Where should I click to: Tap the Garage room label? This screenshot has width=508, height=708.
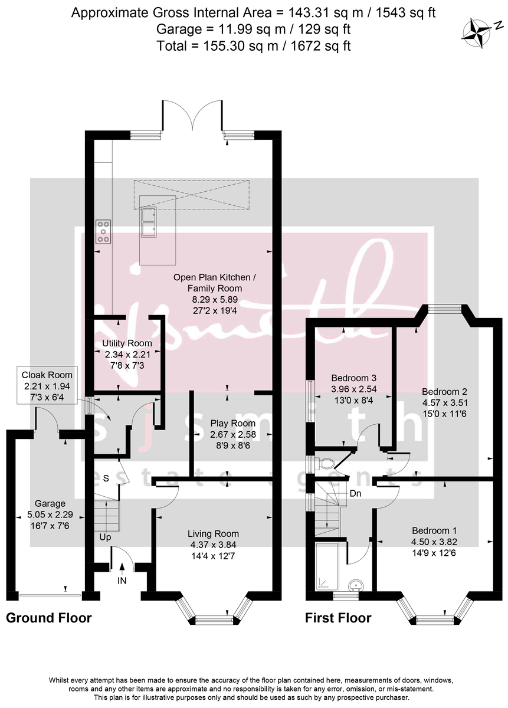point(50,504)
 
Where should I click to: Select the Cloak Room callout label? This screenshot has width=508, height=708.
point(47,375)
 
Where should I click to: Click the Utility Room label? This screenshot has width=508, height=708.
point(127,343)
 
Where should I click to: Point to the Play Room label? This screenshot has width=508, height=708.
point(233,423)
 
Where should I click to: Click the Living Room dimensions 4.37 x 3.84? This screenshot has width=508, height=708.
point(214,545)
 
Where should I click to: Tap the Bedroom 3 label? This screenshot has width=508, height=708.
point(353,378)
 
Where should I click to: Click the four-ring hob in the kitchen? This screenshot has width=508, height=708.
point(103,231)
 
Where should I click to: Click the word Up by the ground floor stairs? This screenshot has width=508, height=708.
point(105,537)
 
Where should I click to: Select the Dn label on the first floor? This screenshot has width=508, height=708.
point(356,493)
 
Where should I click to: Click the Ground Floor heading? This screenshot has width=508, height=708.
point(48,618)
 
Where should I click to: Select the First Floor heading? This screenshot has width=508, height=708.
point(337,618)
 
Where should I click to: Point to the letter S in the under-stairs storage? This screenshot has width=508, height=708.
point(106,478)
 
